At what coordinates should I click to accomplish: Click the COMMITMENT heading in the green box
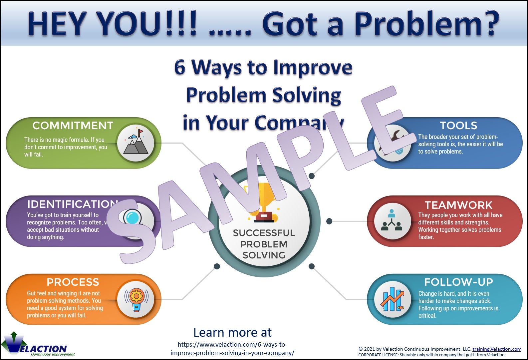73,126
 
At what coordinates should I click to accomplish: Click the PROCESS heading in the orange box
73,282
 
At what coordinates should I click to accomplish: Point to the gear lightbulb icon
136,299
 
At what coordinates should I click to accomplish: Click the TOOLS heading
458,126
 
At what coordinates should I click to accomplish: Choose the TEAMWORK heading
458,205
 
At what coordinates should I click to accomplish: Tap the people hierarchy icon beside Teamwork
392,221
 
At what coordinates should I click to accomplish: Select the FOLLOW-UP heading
458,282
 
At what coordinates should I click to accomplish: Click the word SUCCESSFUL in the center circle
264,233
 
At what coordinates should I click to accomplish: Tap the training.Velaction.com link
497,349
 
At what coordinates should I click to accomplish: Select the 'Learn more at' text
232,332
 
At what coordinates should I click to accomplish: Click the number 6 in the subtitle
180,67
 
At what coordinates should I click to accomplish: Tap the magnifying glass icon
133,218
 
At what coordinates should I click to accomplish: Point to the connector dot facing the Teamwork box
329,221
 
